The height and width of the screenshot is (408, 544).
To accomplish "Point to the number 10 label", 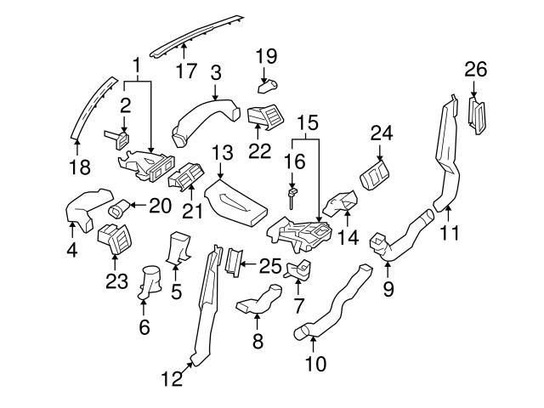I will click(314, 365).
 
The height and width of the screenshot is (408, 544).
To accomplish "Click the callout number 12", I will click(172, 379).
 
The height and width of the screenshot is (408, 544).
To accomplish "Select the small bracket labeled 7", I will click(300, 272).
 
